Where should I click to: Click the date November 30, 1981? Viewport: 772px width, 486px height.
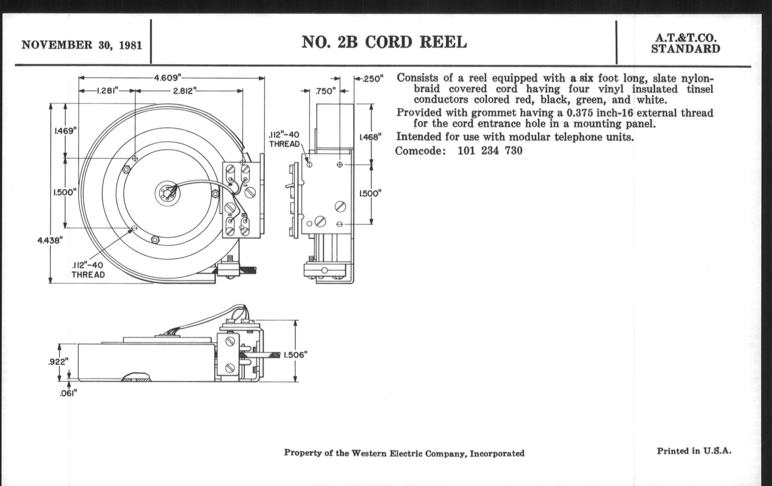coord(82,45)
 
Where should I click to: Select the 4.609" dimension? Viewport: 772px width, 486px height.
coord(168,78)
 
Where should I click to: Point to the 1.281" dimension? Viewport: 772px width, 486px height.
coord(108,91)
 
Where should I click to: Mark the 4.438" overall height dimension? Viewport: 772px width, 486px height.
coord(49,240)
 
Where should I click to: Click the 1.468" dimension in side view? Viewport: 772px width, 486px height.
coord(371,137)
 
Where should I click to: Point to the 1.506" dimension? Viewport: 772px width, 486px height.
coord(295,355)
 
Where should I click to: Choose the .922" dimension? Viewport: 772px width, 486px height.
coord(58,362)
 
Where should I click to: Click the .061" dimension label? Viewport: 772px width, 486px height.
coord(68,393)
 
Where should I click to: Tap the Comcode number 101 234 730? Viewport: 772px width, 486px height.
coord(490,151)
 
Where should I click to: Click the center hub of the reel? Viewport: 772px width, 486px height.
coord(167,193)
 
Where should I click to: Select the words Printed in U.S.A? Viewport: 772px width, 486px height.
coord(694,451)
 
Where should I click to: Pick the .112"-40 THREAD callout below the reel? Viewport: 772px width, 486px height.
coord(88,270)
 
